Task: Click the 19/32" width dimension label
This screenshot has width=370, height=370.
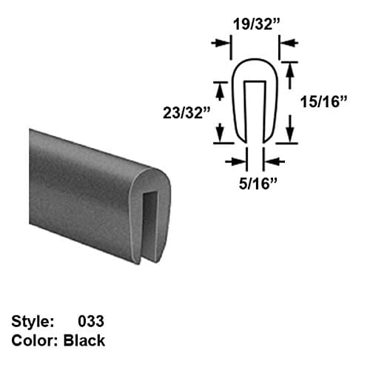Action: pos(246,22)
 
